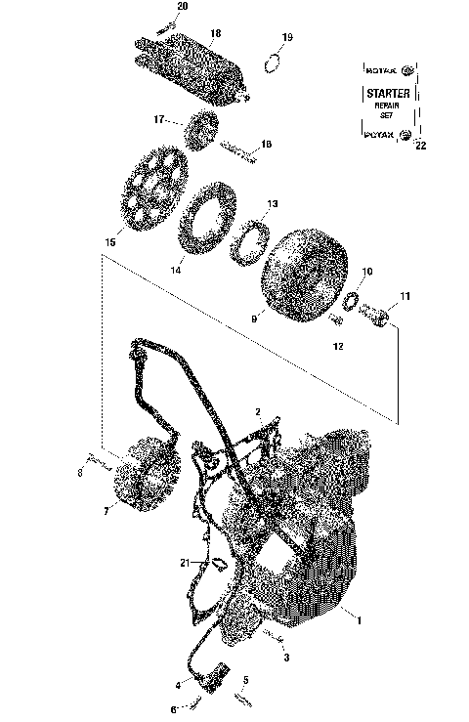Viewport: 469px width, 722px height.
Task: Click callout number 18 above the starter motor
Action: [x=216, y=33]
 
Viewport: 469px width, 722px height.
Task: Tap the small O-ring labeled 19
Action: [x=275, y=64]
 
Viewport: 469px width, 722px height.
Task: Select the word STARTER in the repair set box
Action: [x=389, y=94]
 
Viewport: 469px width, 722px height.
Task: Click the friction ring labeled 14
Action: [x=205, y=226]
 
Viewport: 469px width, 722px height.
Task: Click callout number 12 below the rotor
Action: [x=339, y=346]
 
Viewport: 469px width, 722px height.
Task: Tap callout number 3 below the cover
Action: [x=286, y=658]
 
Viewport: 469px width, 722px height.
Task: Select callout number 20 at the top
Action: [x=183, y=7]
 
